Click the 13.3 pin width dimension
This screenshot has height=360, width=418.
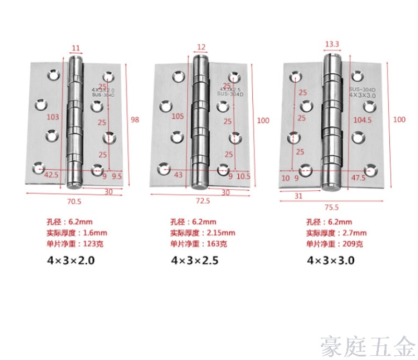[x=332, y=44]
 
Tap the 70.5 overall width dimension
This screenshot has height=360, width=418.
[x=74, y=202]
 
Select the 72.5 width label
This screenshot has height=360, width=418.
[x=203, y=201]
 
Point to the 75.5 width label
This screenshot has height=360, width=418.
[x=332, y=207]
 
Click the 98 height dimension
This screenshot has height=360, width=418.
[x=135, y=120]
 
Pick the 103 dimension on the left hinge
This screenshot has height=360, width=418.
[x=53, y=117]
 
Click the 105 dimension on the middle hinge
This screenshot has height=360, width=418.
[x=178, y=117]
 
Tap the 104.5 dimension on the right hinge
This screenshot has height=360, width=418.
[x=363, y=120]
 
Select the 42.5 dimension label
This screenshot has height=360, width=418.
[x=51, y=175]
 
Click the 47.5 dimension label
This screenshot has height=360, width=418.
[x=358, y=178]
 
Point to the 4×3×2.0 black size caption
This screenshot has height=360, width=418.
[x=71, y=260]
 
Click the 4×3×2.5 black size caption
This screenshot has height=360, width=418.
[x=195, y=260]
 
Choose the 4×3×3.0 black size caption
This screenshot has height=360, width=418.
[x=331, y=260]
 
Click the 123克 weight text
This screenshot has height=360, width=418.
[x=93, y=243]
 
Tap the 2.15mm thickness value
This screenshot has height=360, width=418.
[x=221, y=233]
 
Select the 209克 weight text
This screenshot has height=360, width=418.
[x=353, y=243]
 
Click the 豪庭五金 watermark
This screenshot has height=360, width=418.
[x=368, y=346]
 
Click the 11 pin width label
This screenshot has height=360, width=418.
[x=76, y=48]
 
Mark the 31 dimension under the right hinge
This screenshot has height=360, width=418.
[x=298, y=196]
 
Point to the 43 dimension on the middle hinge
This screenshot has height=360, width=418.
[x=178, y=175]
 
